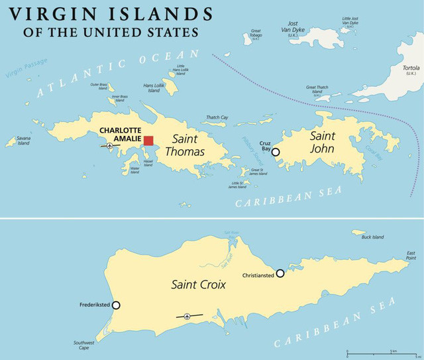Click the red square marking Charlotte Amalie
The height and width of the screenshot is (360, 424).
click(148, 140)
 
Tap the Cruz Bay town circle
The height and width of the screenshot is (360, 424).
click(276, 152)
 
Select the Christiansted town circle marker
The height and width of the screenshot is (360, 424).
click(280, 272)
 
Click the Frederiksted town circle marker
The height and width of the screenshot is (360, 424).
click(117, 305)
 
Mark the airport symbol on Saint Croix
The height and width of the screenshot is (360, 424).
click(189, 316)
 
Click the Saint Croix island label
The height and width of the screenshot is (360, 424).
click(199, 284)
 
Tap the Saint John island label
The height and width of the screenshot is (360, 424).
click(323, 143)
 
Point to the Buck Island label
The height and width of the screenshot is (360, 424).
click(372, 237)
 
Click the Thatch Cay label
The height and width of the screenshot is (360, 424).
click(217, 117)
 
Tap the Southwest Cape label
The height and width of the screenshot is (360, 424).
click(84, 345)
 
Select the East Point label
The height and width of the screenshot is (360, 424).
click(411, 255)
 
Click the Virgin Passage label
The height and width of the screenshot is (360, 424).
click(26, 67)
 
